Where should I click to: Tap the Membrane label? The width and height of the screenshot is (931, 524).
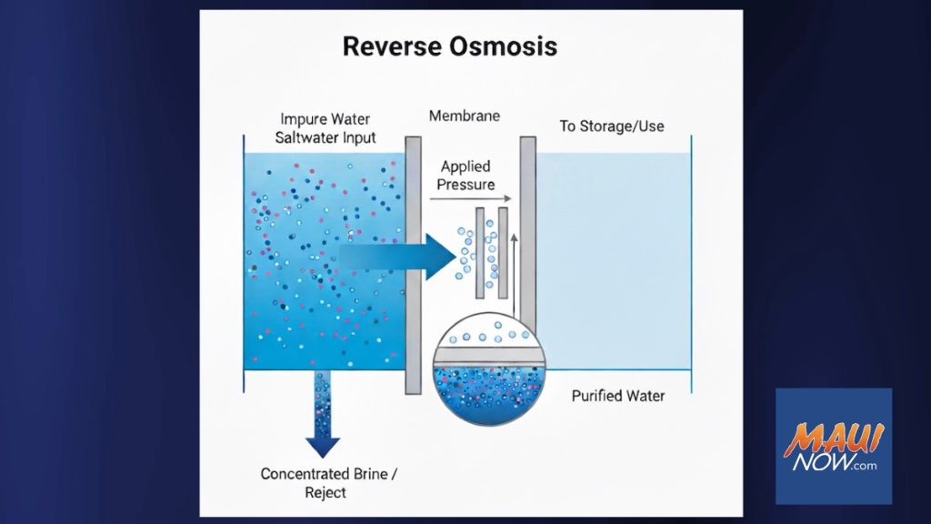[466, 116]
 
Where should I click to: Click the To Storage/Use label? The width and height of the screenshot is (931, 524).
[611, 126]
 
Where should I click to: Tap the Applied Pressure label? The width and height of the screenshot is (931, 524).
[465, 175]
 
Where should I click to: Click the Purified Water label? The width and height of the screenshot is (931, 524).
[618, 396]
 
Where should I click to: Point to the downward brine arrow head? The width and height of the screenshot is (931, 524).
[322, 445]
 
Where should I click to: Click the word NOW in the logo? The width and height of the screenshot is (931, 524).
[818, 465]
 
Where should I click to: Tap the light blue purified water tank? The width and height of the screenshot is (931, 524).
[614, 264]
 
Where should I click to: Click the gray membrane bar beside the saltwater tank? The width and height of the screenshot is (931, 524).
[413, 264]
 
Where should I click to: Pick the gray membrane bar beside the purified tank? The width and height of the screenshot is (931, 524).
[527, 227]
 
